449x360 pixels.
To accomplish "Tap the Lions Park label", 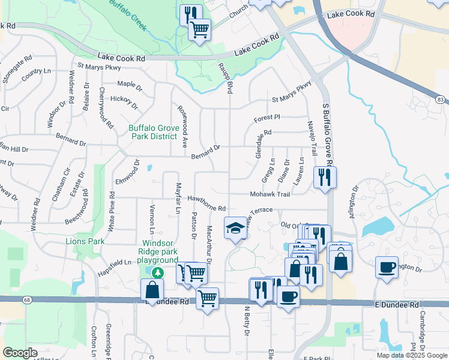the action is (85, 241).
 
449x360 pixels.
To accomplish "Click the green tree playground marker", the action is (157, 272).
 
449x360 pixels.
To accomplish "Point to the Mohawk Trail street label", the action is (270, 194).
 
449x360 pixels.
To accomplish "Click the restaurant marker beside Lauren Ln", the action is (325, 177).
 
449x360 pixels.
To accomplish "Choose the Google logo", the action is (20, 353).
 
